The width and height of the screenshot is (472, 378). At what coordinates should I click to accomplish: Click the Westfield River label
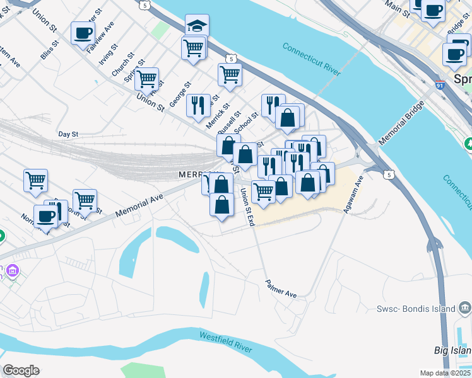click(x=225, y=343)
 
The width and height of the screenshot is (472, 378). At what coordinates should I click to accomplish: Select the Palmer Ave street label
click(x=281, y=289)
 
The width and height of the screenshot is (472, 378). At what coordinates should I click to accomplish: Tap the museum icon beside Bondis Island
click(x=465, y=307)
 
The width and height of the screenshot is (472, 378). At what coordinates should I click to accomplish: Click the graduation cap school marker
click(x=197, y=26)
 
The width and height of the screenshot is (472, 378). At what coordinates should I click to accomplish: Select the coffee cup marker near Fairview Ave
click(x=83, y=33)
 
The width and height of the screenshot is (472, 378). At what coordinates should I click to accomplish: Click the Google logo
click(x=21, y=370)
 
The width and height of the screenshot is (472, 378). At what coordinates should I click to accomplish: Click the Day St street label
click(x=68, y=134)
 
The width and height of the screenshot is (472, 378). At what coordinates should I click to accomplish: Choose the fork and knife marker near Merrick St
click(x=198, y=105)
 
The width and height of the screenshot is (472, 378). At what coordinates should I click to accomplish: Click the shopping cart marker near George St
click(x=146, y=79)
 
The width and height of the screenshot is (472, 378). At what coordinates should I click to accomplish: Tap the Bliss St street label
click(x=49, y=50)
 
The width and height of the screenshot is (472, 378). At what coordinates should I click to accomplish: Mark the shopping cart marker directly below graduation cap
click(x=194, y=48)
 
